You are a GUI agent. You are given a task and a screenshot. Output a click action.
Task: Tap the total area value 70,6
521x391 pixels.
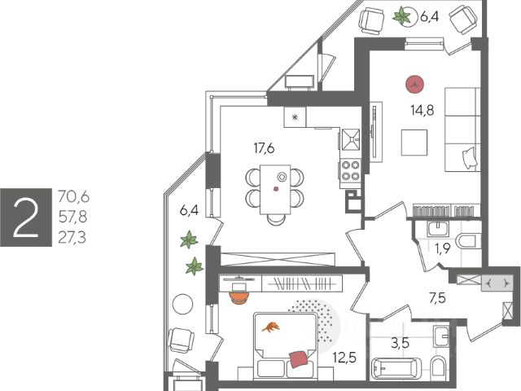pyautogui.click(x=73, y=195)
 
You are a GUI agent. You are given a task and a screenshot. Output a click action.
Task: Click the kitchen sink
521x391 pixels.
pyautogui.click(x=351, y=139)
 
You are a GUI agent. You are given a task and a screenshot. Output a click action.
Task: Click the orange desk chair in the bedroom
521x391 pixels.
pyautogui.click(x=238, y=297)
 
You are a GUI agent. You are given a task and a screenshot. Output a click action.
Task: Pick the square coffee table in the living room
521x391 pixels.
pyautogui.click(x=414, y=143)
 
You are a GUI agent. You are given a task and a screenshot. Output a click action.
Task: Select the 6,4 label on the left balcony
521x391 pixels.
pyautogui.click(x=189, y=210)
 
